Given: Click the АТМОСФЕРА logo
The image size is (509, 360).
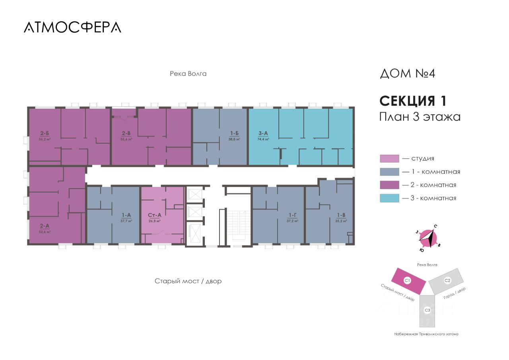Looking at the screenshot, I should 72,27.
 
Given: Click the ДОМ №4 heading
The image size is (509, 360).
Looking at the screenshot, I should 408,74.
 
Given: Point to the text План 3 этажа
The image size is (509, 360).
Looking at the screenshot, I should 420,117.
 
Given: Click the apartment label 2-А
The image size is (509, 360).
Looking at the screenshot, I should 45,226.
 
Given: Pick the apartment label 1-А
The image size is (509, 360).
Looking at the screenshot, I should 126,216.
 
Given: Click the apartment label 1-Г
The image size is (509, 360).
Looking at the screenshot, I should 293,216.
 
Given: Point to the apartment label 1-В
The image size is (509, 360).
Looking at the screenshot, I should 341,216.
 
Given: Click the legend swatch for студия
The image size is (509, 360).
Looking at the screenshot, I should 389,159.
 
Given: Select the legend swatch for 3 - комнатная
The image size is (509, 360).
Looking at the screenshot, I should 389,198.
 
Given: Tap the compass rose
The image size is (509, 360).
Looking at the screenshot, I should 428,238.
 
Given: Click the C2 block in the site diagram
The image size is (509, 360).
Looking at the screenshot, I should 447,281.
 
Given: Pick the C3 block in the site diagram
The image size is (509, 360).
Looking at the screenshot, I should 427,310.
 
